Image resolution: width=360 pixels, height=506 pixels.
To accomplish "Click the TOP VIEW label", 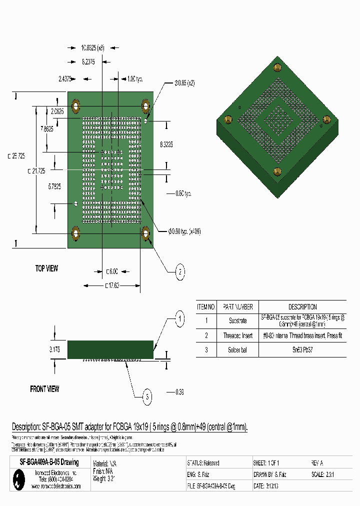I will click(46, 268).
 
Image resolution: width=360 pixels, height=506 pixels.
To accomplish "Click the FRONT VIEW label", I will click(44, 388).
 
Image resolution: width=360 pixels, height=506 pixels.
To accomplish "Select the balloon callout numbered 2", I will click(179, 272).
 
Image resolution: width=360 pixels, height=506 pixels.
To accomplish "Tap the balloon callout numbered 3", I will click(146, 397).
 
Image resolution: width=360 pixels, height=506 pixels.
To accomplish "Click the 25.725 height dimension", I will click(16, 156).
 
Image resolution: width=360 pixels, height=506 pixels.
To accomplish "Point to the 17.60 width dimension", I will click(111, 285).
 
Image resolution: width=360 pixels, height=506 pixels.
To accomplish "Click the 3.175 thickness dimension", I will click(54, 350).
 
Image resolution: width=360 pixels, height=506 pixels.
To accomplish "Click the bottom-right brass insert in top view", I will click(146, 232).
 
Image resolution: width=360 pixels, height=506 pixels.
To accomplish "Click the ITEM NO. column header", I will click(205, 307).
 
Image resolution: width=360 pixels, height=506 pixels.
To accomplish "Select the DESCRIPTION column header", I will click(302, 307).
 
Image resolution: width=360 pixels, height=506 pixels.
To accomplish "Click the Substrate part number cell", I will click(237, 320).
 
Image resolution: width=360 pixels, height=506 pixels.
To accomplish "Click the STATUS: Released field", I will click(203, 463).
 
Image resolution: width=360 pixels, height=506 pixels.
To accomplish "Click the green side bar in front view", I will click(110, 349).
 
